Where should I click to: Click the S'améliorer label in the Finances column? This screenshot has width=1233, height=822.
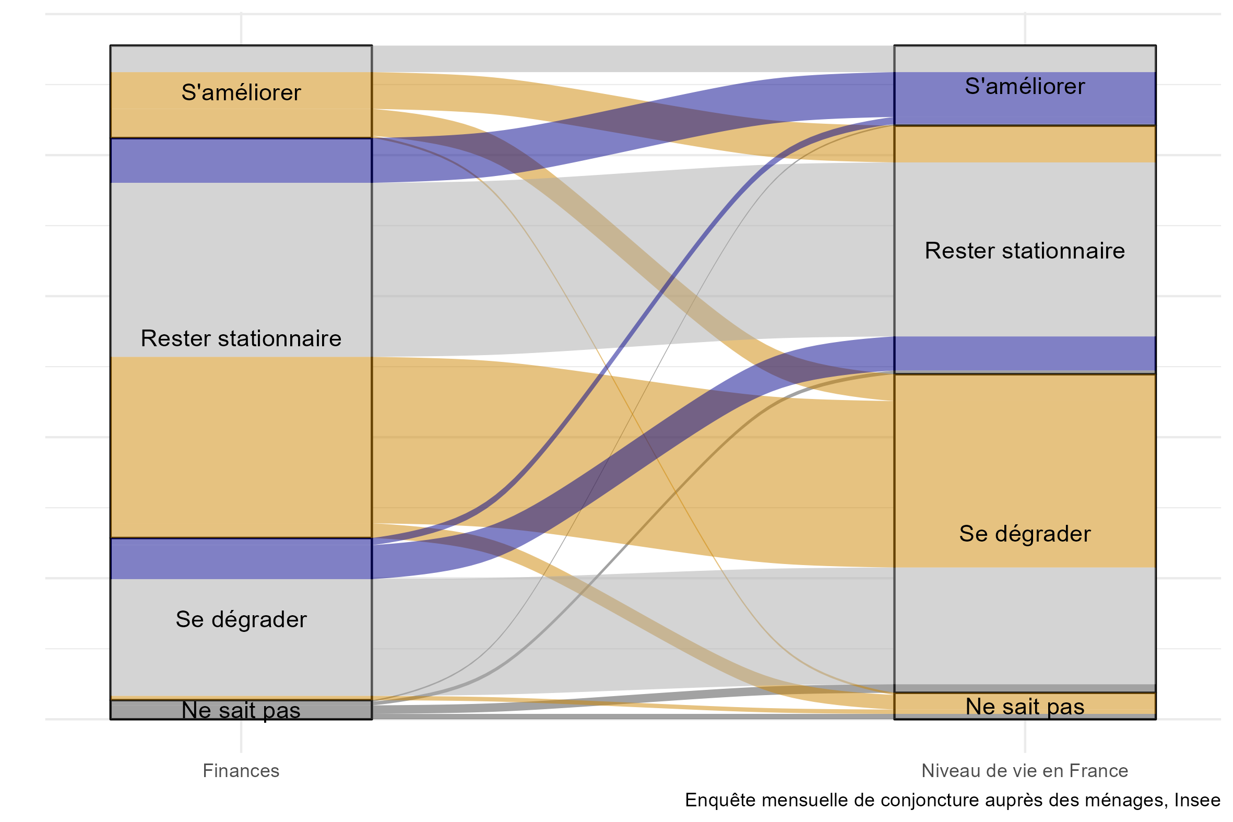click(241, 92)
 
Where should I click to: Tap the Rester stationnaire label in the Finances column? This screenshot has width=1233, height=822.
click(241, 338)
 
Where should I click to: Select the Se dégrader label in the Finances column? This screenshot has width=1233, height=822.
click(241, 619)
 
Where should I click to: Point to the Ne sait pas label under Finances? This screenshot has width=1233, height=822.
click(241, 710)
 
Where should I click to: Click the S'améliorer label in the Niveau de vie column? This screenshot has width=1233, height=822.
click(1024, 86)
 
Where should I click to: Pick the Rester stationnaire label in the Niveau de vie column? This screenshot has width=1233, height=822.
click(1024, 251)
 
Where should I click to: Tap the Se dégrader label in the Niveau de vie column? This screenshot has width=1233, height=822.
click(1024, 534)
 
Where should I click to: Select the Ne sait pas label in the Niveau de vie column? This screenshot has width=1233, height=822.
click(1024, 706)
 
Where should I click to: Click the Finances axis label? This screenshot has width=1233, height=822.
click(241, 771)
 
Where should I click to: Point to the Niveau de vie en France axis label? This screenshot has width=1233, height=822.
click(1024, 771)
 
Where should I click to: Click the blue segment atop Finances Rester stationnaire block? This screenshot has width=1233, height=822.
click(241, 160)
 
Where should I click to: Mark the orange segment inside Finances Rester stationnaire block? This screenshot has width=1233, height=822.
click(241, 447)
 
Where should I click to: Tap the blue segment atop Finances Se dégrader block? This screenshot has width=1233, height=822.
click(241, 559)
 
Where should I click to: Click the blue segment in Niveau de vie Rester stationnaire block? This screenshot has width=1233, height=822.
click(1024, 354)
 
